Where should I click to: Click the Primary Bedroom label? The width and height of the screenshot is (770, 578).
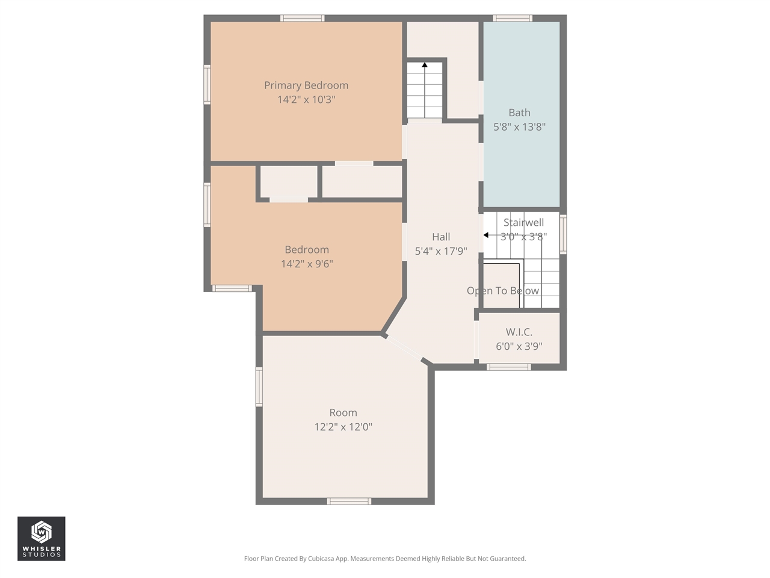click(x=306, y=85)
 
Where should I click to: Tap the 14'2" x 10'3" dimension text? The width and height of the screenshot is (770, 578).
click(x=306, y=100)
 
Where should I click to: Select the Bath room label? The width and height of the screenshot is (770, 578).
click(x=519, y=113)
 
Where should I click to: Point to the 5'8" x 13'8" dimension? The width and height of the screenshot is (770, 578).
click(x=519, y=127)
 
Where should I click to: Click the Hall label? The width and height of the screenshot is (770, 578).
click(x=441, y=237)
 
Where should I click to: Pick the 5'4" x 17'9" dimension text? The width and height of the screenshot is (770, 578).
click(x=441, y=251)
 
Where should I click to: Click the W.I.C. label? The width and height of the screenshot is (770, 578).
click(x=519, y=332)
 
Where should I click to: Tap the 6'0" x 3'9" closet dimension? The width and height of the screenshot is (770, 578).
click(x=519, y=346)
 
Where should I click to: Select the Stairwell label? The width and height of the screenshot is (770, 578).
click(x=523, y=222)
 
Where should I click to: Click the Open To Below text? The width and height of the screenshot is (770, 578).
click(x=503, y=291)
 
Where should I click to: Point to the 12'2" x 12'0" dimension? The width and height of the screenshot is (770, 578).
click(x=343, y=427)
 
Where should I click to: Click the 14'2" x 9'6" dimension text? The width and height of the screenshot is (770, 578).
click(x=307, y=264)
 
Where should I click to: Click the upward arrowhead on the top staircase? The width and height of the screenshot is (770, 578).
click(x=425, y=64)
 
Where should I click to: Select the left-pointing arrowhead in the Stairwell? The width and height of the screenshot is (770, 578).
click(x=486, y=235)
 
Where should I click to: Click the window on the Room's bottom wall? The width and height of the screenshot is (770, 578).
click(x=349, y=501)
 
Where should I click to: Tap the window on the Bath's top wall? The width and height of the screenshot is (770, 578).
click(x=513, y=18)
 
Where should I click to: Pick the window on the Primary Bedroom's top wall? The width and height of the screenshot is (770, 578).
click(x=303, y=18)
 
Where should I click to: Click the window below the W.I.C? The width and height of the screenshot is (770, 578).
click(x=509, y=367)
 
